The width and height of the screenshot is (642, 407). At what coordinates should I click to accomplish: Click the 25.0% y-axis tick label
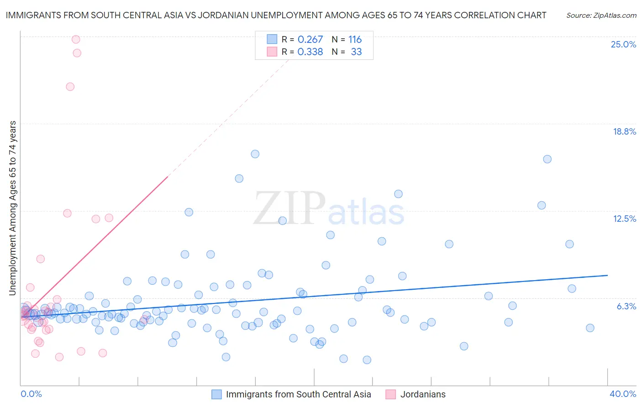[623, 44]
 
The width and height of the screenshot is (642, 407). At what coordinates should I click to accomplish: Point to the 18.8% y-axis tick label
[624, 131]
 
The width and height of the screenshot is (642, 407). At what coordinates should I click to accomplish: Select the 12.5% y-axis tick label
[624, 219]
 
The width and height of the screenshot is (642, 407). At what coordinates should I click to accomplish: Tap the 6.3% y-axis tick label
[626, 306]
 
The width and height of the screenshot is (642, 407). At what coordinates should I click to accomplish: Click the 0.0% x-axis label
[31, 394]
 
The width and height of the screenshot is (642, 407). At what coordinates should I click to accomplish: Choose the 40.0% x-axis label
[622, 394]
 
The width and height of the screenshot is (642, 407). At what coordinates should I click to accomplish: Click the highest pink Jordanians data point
[76, 39]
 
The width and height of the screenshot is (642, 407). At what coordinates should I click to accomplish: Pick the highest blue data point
[255, 154]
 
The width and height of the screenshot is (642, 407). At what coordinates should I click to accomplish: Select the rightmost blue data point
[590, 328]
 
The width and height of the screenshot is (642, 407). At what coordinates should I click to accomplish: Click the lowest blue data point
[367, 360]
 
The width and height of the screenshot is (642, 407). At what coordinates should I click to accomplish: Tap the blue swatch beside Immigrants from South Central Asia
[216, 394]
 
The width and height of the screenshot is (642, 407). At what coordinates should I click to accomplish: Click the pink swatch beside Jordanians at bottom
[390, 394]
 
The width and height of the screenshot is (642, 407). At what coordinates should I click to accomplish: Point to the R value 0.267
[310, 40]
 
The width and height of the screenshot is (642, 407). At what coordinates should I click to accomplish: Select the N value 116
[355, 40]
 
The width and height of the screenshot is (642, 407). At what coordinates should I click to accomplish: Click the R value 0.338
[310, 52]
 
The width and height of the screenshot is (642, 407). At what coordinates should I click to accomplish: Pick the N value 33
[356, 52]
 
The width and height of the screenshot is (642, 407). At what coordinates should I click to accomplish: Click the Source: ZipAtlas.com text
[601, 15]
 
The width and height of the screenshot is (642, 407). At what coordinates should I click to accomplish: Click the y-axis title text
[12, 208]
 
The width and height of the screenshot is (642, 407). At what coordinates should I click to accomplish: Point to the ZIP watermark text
[289, 209]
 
